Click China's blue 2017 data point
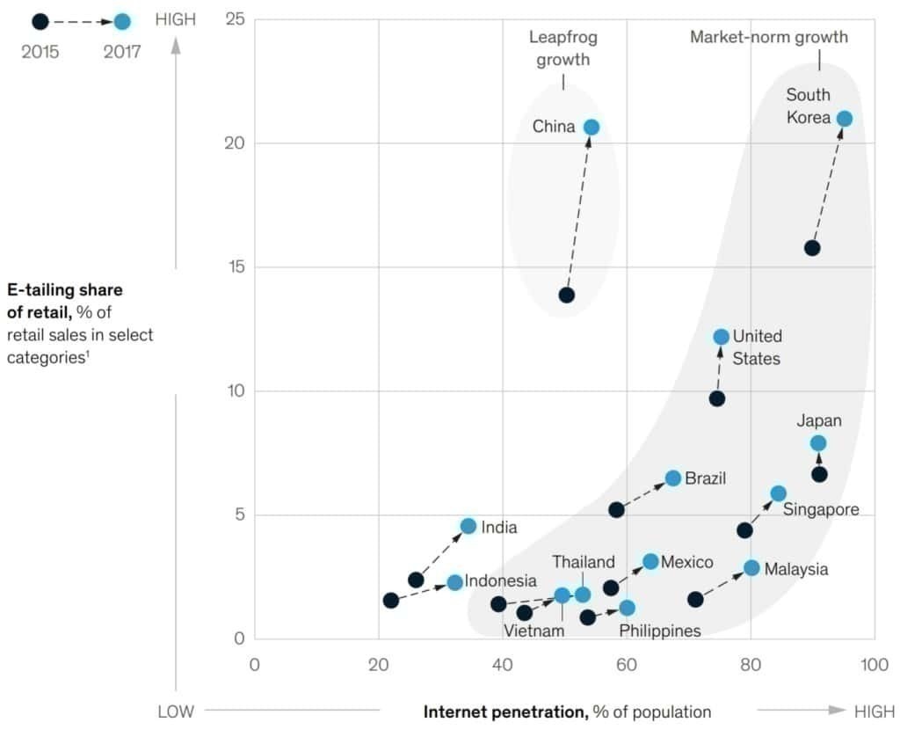click(x=592, y=128)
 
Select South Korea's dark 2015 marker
click(x=812, y=248)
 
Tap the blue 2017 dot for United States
click(x=721, y=337)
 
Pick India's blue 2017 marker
click(x=468, y=526)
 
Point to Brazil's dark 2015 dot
click(x=616, y=510)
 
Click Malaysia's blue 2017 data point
click(x=751, y=568)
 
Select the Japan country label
click(x=819, y=420)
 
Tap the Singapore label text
click(x=821, y=510)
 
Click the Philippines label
click(x=660, y=631)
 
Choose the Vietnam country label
click(x=533, y=631)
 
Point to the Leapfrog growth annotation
click(x=563, y=49)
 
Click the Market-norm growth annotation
click(x=769, y=37)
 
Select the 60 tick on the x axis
click(x=627, y=664)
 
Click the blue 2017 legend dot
click(x=122, y=21)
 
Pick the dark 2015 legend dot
click(x=40, y=21)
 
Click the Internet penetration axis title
click(x=567, y=711)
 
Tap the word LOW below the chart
click(x=176, y=711)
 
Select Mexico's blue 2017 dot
click(x=650, y=562)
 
